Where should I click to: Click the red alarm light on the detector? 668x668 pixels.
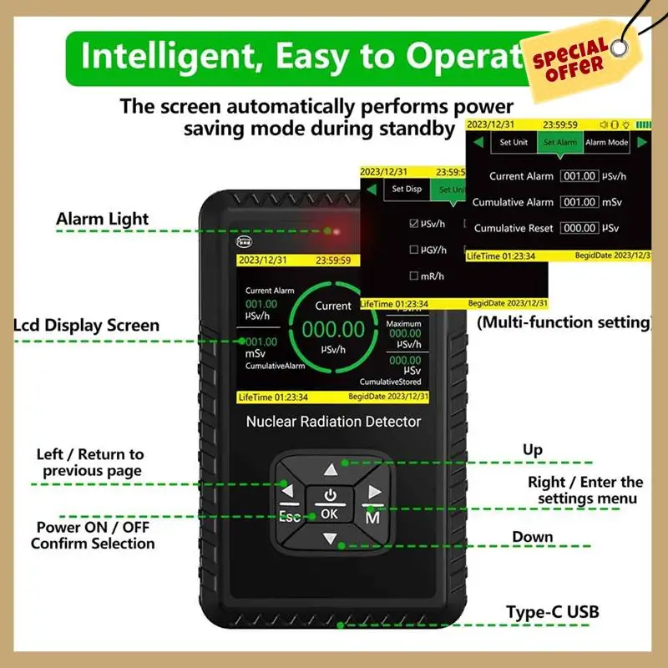(x=331, y=230)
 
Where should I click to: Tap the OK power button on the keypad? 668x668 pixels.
(x=330, y=504)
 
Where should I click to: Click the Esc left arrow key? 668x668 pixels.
(x=290, y=499)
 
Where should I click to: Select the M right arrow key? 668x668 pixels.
(x=373, y=502)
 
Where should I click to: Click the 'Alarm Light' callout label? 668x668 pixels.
(x=102, y=219)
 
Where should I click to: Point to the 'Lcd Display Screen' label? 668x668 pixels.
(x=86, y=325)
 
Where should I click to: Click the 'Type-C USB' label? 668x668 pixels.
(x=552, y=612)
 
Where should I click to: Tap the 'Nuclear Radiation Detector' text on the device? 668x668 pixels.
(x=333, y=422)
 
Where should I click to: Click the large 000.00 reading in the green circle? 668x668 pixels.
(x=333, y=330)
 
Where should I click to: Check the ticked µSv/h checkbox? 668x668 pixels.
(x=414, y=224)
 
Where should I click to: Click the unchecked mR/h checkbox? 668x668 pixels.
(x=414, y=276)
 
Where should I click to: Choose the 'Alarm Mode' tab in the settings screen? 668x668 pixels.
(x=606, y=142)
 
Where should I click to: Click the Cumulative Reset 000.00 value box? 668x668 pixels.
(x=579, y=228)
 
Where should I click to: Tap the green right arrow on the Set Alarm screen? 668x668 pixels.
(x=641, y=142)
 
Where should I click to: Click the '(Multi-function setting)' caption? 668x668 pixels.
(x=563, y=321)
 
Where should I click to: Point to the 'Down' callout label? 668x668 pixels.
(x=532, y=537)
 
